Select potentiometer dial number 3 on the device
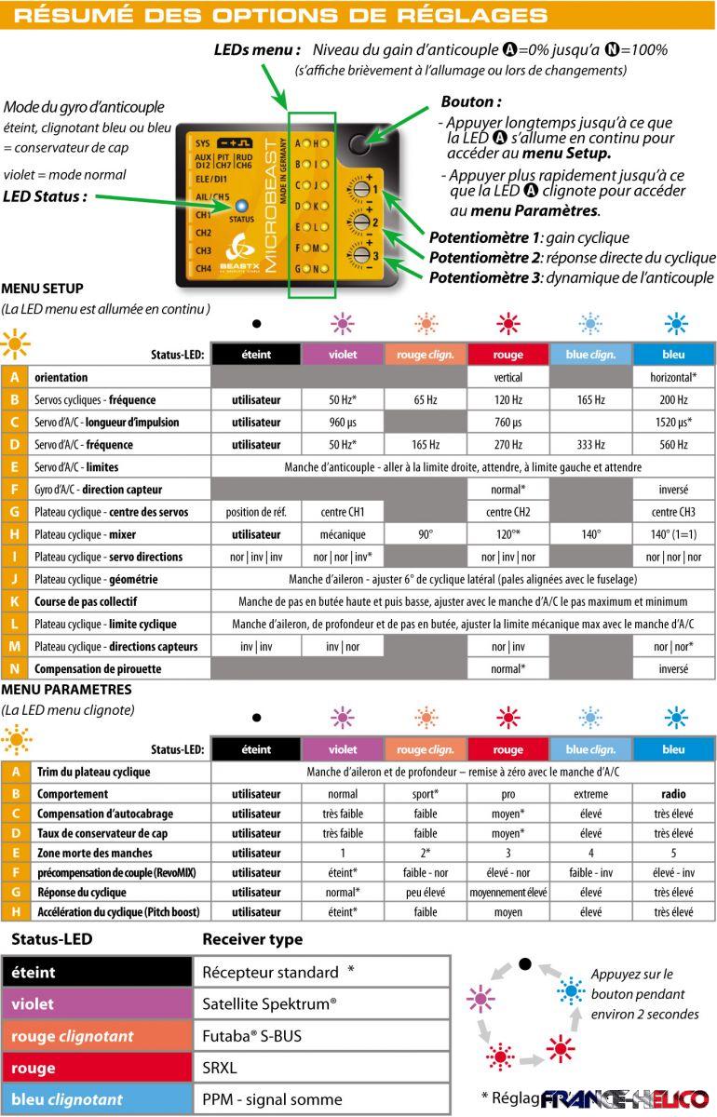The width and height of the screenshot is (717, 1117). tap(358, 255)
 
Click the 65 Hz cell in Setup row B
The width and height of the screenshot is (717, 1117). tap(425, 400)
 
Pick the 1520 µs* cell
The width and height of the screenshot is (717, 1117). tap(674, 423)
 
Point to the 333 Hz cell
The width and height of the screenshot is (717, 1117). tap(590, 445)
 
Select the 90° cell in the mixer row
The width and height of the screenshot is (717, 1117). tap(425, 534)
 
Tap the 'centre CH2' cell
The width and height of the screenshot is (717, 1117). tap(507, 512)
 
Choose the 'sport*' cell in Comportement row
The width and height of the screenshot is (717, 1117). tap(425, 794)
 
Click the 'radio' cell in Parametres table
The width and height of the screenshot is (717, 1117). tap(674, 794)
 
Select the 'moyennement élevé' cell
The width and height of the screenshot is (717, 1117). tap(507, 892)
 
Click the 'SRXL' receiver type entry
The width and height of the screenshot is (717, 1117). tap(223, 1068)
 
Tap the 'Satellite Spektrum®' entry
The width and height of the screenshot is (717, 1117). tap(269, 1004)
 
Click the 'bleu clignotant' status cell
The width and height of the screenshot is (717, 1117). tap(67, 1099)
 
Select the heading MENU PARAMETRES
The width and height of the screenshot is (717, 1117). tap(67, 690)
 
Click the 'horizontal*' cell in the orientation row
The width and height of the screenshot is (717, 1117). tap(674, 378)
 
